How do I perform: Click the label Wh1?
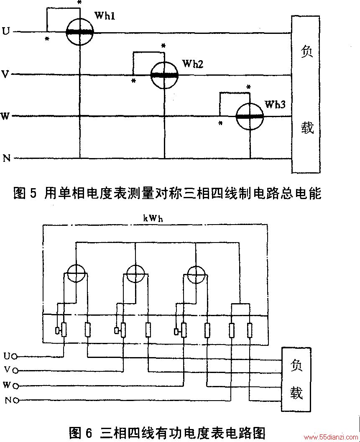[x=105, y=16]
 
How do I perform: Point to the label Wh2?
[x=193, y=64]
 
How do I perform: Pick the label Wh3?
[x=275, y=105]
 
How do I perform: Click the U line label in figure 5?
[x=5, y=31]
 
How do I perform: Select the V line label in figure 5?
[x=5, y=74]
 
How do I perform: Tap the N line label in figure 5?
[x=7, y=158]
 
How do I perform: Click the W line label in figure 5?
[x=5, y=116]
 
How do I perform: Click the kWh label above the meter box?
[x=153, y=218]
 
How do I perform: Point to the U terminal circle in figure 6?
[x=15, y=357]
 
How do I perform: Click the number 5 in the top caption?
[x=33, y=194]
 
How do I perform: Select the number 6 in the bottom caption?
[x=89, y=432]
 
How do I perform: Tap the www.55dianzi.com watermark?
[x=330, y=437]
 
